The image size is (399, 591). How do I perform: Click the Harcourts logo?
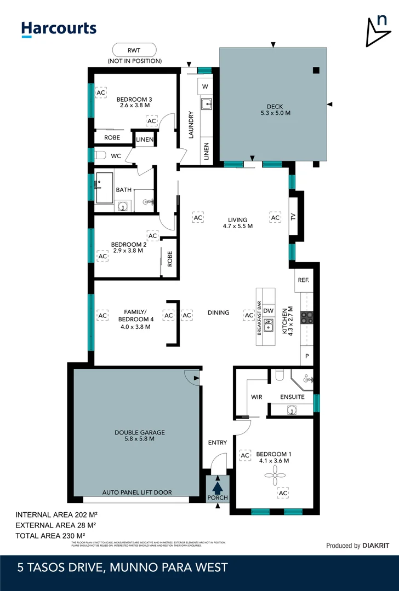tap(59, 29)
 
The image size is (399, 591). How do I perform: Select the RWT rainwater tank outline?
tap(134, 50)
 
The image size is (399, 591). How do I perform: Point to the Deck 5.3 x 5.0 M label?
tap(275, 109)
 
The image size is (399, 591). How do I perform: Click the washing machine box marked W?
tap(206, 86)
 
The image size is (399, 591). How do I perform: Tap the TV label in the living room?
tap(293, 217)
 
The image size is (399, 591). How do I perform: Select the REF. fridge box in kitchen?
tap(303, 280)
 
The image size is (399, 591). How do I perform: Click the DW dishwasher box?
tap(268, 311)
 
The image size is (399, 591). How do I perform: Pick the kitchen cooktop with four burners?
tap(307, 317)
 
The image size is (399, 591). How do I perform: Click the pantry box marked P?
tap(306, 356)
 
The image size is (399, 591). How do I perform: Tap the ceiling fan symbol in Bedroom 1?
tap(280, 478)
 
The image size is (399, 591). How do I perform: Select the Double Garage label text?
tap(140, 436)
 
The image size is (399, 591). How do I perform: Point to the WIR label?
tap(256, 397)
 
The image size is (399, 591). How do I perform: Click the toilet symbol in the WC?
tap(100, 156)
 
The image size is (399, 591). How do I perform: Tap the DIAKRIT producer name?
tap(377, 546)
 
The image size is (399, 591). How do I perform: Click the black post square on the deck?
tap(316, 69)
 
